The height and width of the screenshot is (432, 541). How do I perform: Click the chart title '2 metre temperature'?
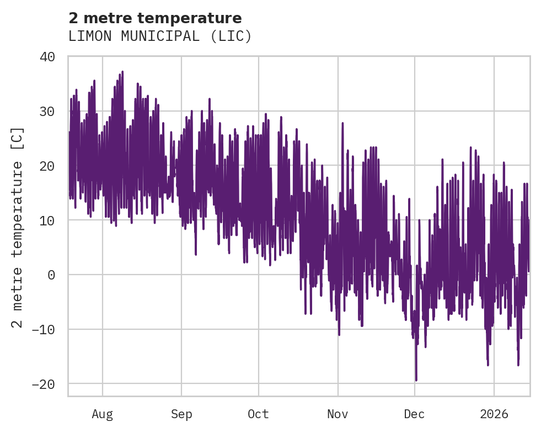[155, 18]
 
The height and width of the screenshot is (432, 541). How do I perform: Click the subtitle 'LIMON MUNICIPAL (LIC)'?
[160, 36]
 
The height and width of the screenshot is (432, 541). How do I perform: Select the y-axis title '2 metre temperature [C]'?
[18, 227]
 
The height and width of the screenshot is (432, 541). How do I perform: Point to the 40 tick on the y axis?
[47, 56]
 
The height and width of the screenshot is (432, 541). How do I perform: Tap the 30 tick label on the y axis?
[47, 111]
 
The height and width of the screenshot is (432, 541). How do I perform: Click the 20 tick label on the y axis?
[47, 166]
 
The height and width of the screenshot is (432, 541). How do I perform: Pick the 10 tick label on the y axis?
[47, 220]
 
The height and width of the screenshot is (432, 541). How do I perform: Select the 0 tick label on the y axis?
[51, 275]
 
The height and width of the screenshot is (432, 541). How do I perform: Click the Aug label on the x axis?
[103, 414]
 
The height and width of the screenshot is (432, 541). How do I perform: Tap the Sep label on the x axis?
[181, 414]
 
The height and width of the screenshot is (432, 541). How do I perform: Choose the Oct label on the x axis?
[258, 414]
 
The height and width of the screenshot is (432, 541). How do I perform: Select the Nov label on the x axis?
[338, 414]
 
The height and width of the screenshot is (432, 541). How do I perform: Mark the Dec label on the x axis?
[415, 414]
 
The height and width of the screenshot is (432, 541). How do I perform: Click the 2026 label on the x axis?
[494, 414]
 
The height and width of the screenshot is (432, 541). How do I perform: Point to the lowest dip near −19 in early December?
[416, 380]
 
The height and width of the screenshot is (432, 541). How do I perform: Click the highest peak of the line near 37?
[122, 72]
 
